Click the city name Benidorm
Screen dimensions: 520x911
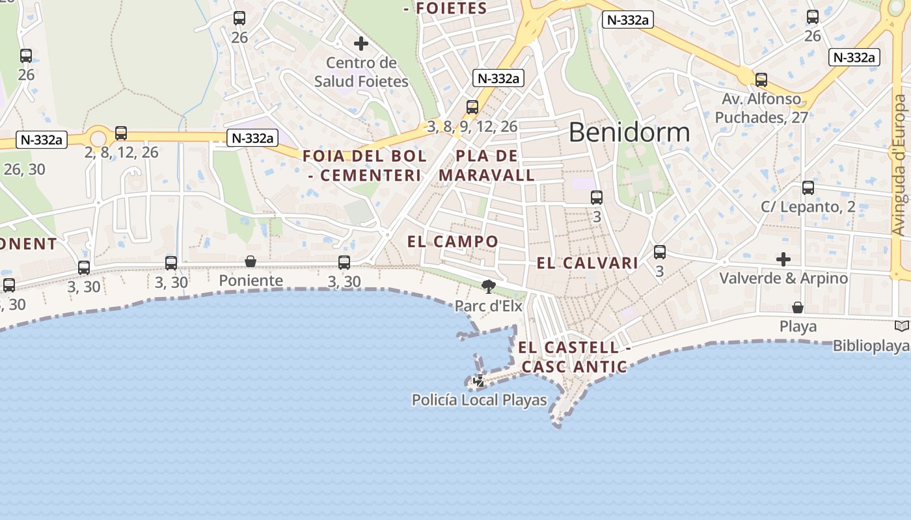point(629,132)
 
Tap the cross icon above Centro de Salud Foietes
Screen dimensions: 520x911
point(361,44)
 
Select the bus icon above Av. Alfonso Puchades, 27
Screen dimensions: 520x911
point(761,80)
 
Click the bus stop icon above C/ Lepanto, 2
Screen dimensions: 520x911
point(808,188)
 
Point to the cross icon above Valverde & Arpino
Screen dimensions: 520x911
point(783,259)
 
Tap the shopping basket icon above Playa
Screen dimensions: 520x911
point(798,307)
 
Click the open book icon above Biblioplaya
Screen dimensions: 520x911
point(901,326)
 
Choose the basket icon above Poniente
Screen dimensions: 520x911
point(251,261)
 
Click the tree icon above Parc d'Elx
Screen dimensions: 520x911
point(488,286)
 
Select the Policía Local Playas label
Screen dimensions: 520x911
point(479,400)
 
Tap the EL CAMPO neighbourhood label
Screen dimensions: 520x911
point(453,242)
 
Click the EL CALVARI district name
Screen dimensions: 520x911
point(587,263)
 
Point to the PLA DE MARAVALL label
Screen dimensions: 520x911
point(487,166)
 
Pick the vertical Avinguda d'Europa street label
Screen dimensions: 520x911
point(899,166)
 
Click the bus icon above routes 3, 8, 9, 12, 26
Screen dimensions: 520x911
point(472,107)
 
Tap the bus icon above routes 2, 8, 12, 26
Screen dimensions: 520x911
point(121,133)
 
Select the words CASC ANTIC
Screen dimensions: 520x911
point(574,367)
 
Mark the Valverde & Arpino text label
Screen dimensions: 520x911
point(783,278)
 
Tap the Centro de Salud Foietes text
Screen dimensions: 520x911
point(361,72)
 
